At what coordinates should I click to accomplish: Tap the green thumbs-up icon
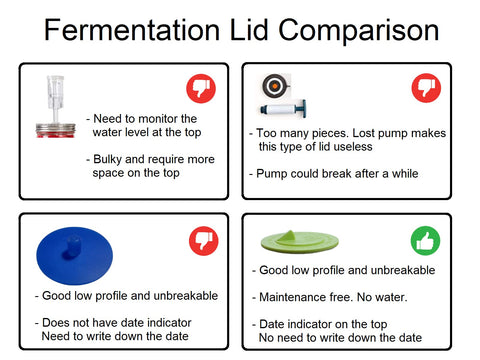[425, 241]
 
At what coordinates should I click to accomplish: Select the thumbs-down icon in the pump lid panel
[425, 89]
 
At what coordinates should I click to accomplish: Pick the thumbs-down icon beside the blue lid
[203, 241]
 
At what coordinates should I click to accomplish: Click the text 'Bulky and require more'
[150, 159]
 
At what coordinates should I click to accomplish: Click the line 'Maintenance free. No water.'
[329, 297]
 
